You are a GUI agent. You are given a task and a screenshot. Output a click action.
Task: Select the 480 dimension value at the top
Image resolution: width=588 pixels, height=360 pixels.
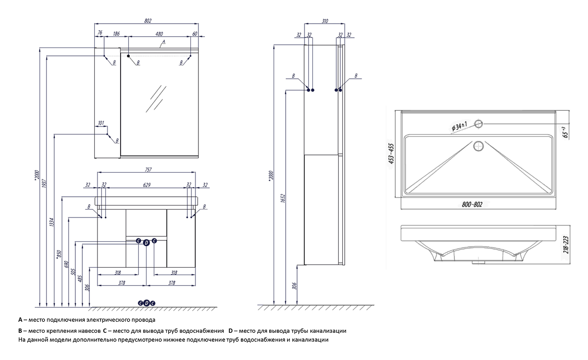(160, 34)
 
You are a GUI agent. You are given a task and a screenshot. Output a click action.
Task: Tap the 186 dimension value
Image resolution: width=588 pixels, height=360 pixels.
(116, 34)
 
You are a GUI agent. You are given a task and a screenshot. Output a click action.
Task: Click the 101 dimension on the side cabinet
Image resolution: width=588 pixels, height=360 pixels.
(101, 123)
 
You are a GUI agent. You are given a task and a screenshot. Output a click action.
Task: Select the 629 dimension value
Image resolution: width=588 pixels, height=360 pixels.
(147, 185)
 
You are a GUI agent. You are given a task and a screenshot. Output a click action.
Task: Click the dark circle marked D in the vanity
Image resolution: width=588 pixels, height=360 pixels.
(146, 243)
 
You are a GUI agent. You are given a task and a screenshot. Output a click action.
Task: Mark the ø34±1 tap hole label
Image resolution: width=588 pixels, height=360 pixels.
(459, 126)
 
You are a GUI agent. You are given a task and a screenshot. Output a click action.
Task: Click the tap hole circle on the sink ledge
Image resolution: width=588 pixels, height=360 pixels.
(479, 123)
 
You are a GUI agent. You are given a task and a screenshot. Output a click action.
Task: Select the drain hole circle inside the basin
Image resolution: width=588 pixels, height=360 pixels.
(479, 146)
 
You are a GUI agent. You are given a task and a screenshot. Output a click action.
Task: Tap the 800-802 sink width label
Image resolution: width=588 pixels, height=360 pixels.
(472, 204)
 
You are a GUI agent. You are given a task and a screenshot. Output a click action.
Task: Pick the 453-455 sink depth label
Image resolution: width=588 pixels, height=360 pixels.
(392, 154)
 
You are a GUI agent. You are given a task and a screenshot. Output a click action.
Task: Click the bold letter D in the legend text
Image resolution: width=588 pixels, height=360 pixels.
(230, 331)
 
